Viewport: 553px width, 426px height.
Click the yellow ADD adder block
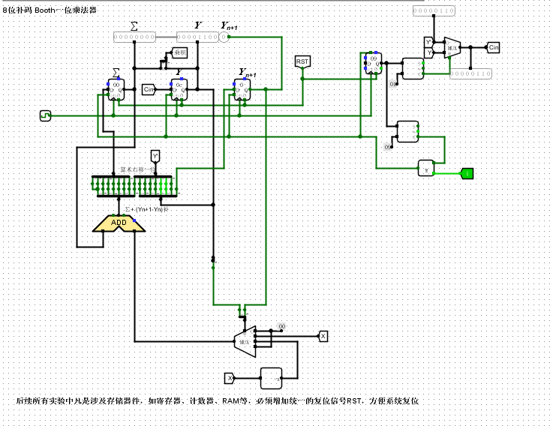click(x=119, y=223)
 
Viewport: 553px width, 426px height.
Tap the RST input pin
click(x=302, y=61)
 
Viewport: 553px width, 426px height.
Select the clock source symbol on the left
click(x=45, y=115)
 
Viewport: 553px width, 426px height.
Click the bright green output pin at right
click(x=467, y=173)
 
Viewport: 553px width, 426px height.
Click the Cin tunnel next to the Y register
click(x=148, y=90)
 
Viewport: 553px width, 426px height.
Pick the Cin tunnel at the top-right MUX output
click(x=493, y=47)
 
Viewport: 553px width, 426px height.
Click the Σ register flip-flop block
click(x=116, y=90)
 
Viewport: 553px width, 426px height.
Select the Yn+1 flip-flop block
click(x=242, y=91)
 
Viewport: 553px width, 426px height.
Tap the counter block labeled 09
click(x=373, y=64)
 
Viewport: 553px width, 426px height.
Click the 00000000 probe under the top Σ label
click(x=134, y=36)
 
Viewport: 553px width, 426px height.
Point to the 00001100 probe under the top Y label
click(x=197, y=36)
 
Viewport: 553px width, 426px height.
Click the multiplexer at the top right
click(x=451, y=47)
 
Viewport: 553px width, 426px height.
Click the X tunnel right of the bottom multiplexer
click(x=323, y=335)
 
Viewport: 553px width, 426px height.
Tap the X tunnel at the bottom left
click(x=231, y=377)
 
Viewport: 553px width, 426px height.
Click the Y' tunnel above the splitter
click(x=155, y=156)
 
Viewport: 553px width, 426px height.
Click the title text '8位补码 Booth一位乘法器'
click(x=50, y=11)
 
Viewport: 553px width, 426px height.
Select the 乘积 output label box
click(x=179, y=53)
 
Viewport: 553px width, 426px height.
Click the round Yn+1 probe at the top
click(x=223, y=36)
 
